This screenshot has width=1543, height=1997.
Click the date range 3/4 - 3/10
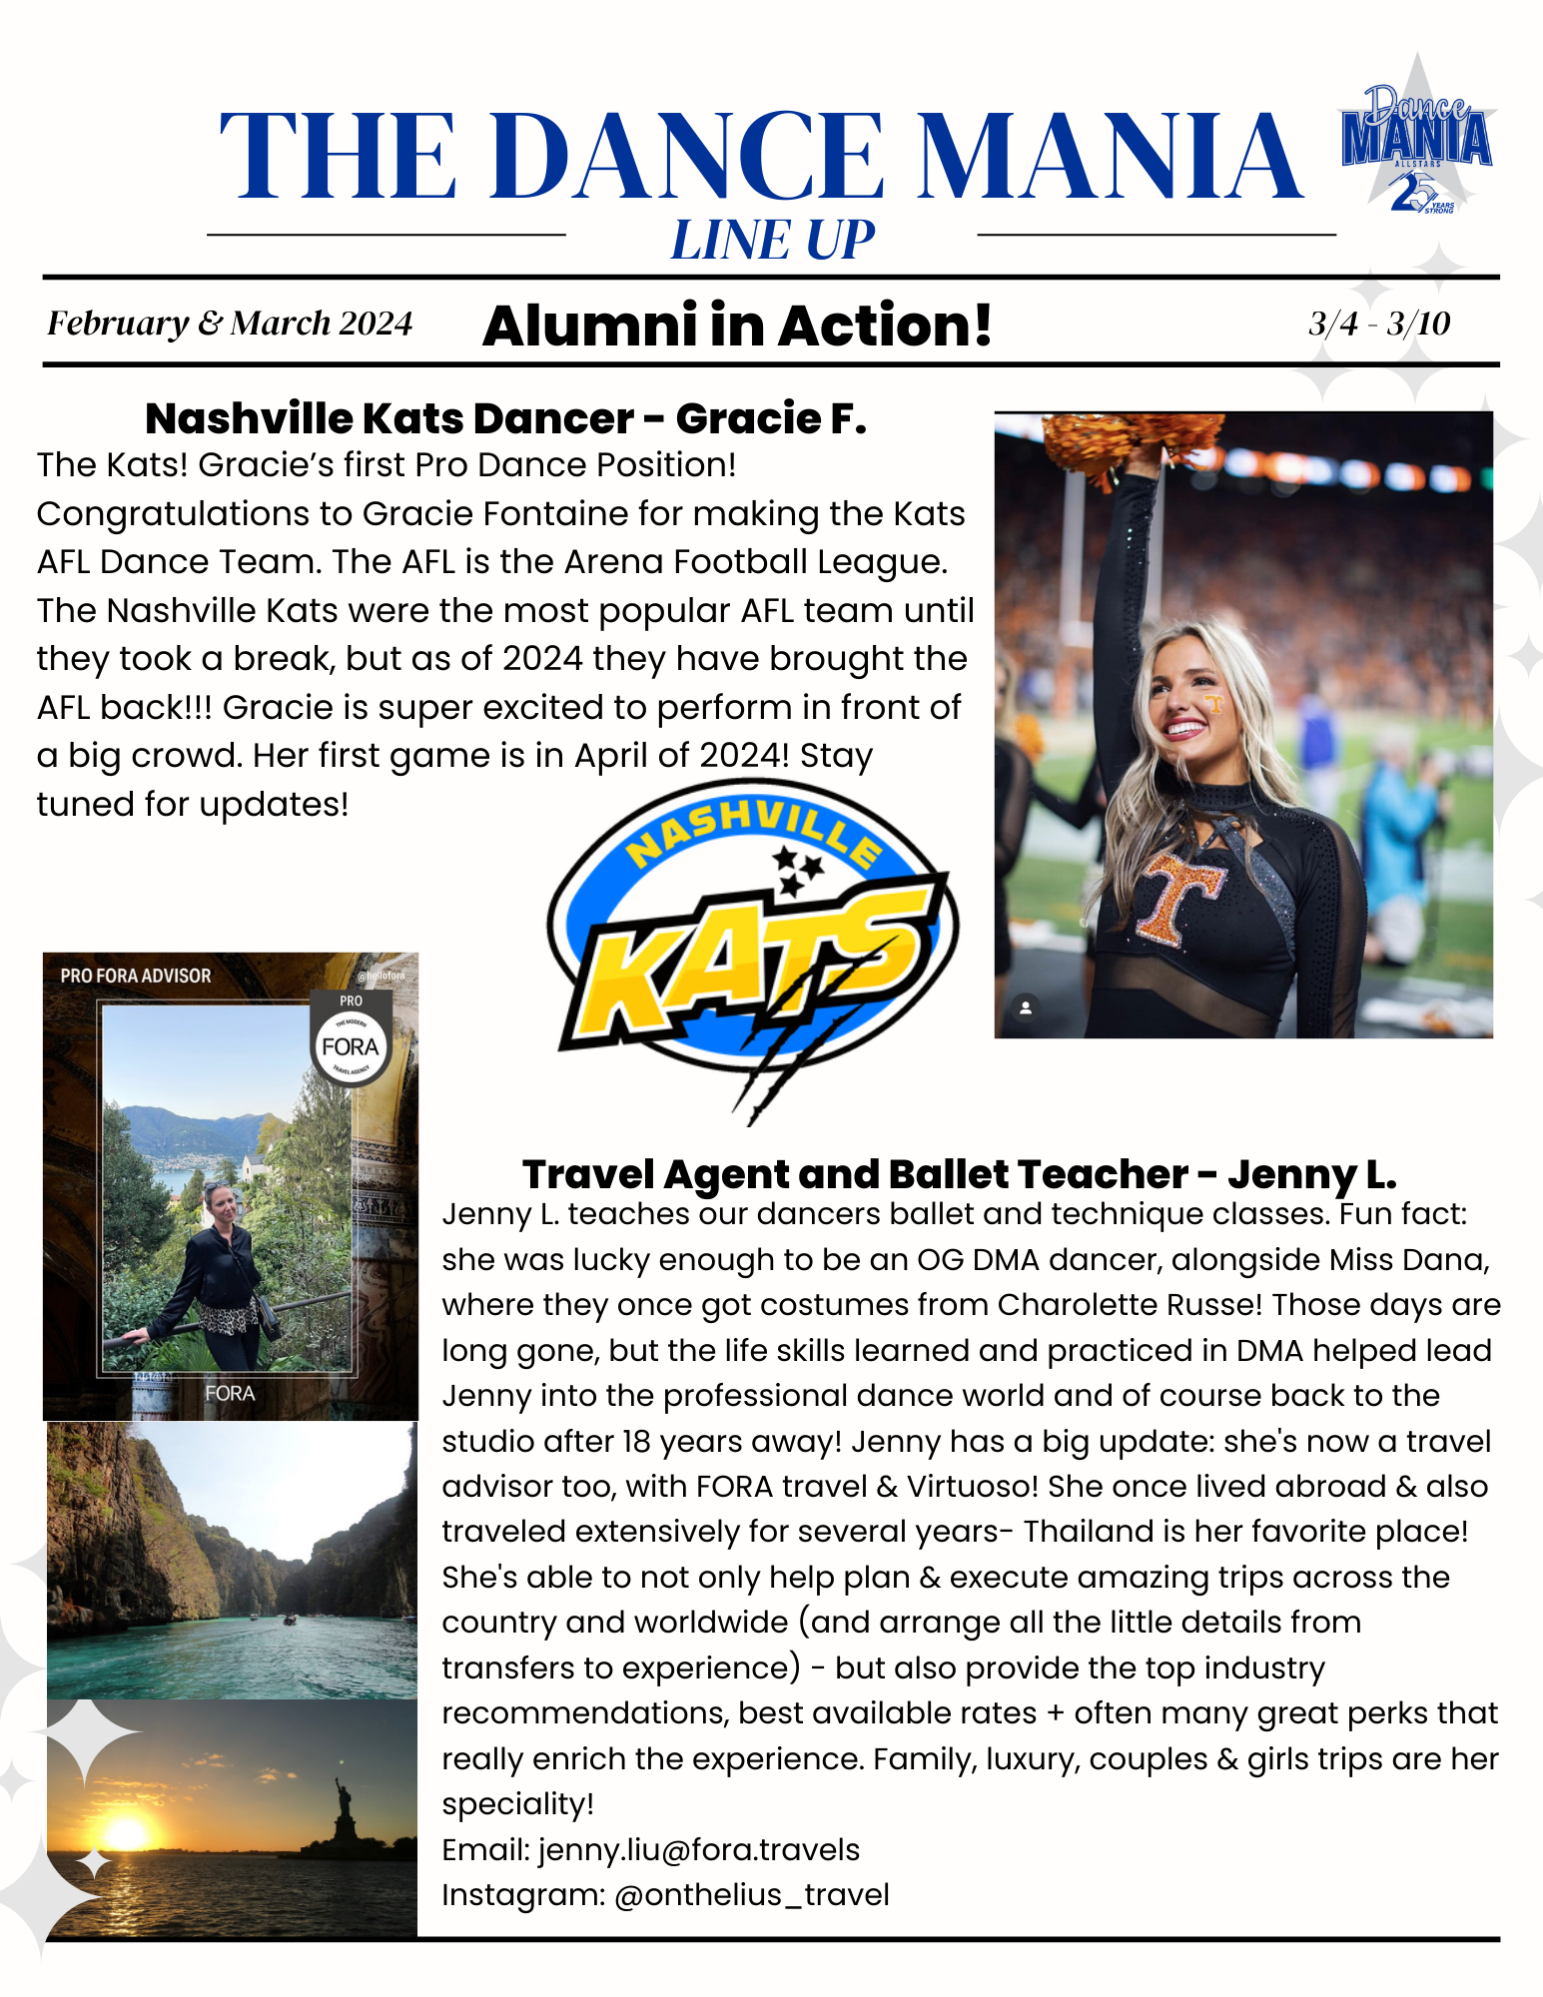[x=1379, y=324]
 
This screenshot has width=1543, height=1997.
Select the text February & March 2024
[x=230, y=324]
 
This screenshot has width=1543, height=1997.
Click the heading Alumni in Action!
[x=737, y=326]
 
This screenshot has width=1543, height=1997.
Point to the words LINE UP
[x=772, y=241]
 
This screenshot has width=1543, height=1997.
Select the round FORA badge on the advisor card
[x=351, y=1046]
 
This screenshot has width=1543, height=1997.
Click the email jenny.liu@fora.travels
[x=699, y=1849]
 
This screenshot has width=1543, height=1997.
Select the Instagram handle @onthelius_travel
[x=751, y=1894]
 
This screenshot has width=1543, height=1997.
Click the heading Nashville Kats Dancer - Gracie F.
[x=505, y=418]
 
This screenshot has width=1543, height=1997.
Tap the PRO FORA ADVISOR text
[x=136, y=976]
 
